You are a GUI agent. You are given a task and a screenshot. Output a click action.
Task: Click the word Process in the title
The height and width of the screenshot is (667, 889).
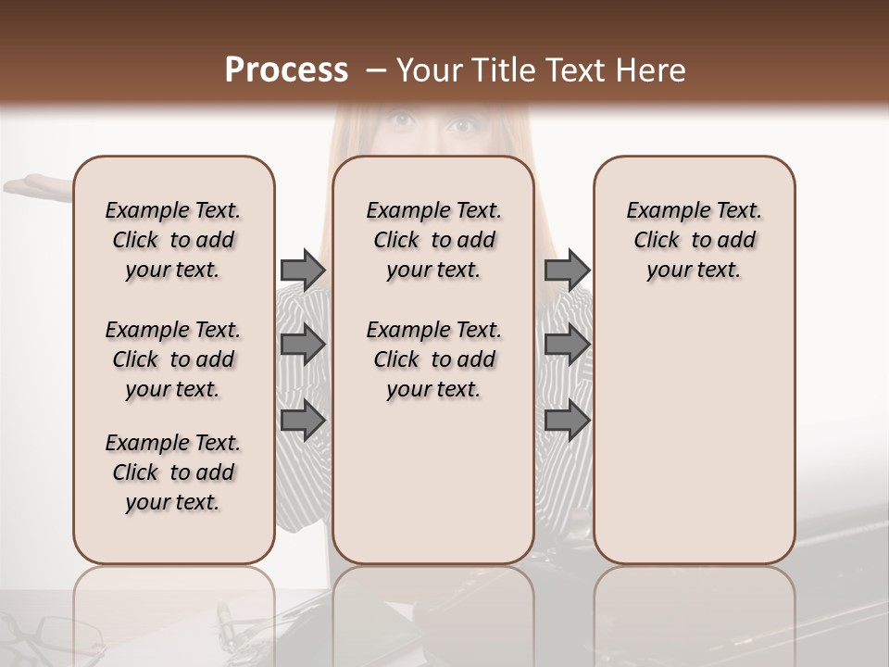pyautogui.click(x=286, y=70)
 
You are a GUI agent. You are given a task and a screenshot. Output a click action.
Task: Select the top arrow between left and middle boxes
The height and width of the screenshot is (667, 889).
pyautogui.click(x=303, y=270)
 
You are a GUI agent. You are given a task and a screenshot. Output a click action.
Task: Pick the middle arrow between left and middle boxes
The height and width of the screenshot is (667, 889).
pyautogui.click(x=303, y=346)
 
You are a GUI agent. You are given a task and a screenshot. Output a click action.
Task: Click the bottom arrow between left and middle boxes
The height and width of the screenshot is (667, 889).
pyautogui.click(x=303, y=421)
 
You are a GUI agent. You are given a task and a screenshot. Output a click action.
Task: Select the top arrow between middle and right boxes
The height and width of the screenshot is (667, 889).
pyautogui.click(x=568, y=270)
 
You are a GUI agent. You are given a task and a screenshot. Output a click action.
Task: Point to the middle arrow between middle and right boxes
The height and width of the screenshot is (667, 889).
pyautogui.click(x=568, y=346)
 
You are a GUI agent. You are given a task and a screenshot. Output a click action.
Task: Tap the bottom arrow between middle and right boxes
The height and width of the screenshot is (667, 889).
pyautogui.click(x=568, y=421)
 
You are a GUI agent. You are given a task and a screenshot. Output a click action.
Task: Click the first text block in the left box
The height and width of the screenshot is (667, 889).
pyautogui.click(x=173, y=240)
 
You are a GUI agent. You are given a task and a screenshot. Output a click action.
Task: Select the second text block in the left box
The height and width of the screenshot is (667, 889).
pyautogui.click(x=173, y=359)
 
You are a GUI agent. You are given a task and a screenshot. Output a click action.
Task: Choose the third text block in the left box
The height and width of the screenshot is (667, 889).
pyautogui.click(x=173, y=472)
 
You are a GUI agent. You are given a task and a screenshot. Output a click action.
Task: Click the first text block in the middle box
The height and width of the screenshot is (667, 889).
pyautogui.click(x=433, y=240)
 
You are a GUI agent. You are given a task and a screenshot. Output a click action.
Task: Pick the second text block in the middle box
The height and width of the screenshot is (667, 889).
pyautogui.click(x=433, y=359)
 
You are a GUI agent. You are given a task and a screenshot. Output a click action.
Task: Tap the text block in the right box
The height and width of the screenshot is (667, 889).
pyautogui.click(x=695, y=240)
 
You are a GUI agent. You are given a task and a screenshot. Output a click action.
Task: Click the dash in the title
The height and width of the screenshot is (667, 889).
pyautogui.click(x=375, y=71)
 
